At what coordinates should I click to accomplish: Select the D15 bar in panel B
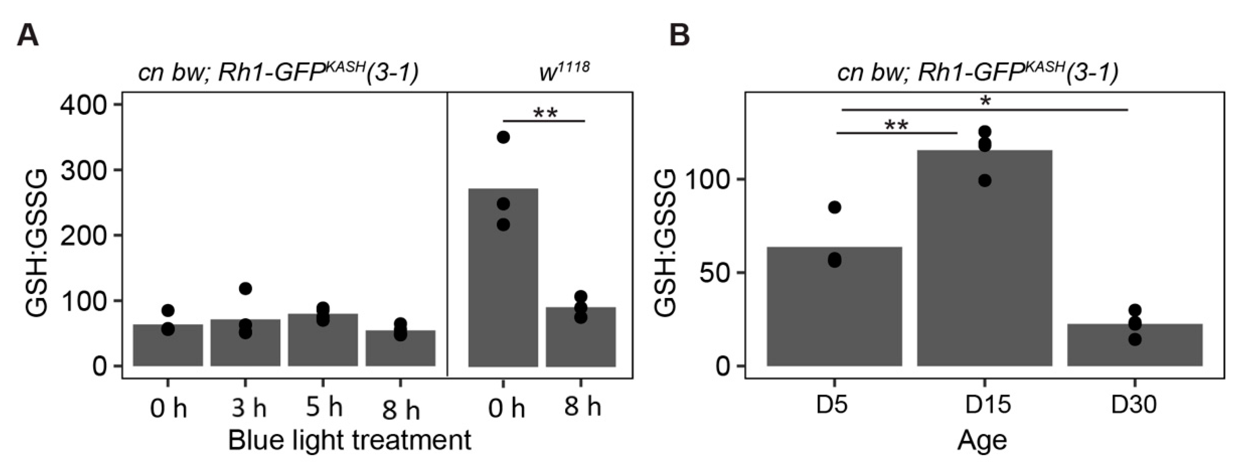pyautogui.click(x=984, y=269)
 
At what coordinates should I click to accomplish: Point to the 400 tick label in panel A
pyautogui.click(x=84, y=105)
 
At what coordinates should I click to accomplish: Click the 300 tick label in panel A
pyautogui.click(x=84, y=170)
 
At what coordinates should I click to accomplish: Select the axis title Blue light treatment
pyautogui.click(x=349, y=440)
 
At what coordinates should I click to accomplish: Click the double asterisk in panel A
pyautogui.click(x=546, y=114)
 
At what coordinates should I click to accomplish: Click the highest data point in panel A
pyautogui.click(x=503, y=137)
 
